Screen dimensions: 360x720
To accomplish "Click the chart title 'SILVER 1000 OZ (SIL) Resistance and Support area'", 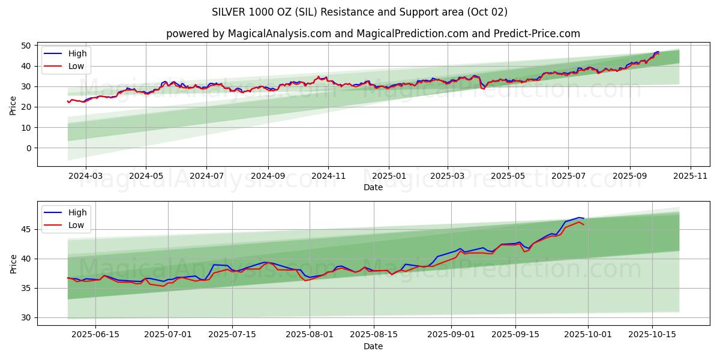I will pyautogui.click(x=359, y=12).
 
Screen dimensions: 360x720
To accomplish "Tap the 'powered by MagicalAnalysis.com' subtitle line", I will pyautogui.click(x=373, y=34).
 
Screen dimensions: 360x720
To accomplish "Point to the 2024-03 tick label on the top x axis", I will pyautogui.click(x=85, y=176).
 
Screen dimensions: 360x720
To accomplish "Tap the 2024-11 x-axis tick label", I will pyautogui.click(x=328, y=176).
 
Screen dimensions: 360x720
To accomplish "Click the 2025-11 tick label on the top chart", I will pyautogui.click(x=691, y=176).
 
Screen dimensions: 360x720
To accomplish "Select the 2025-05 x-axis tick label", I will pyautogui.click(x=508, y=176).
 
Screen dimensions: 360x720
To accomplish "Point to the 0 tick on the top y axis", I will pyautogui.click(x=28, y=148).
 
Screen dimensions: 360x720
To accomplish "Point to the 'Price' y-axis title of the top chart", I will pyautogui.click(x=13, y=106).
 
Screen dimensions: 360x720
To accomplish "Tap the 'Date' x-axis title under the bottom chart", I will pyautogui.click(x=373, y=346).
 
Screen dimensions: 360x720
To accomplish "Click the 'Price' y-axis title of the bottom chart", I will pyautogui.click(x=13, y=264).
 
